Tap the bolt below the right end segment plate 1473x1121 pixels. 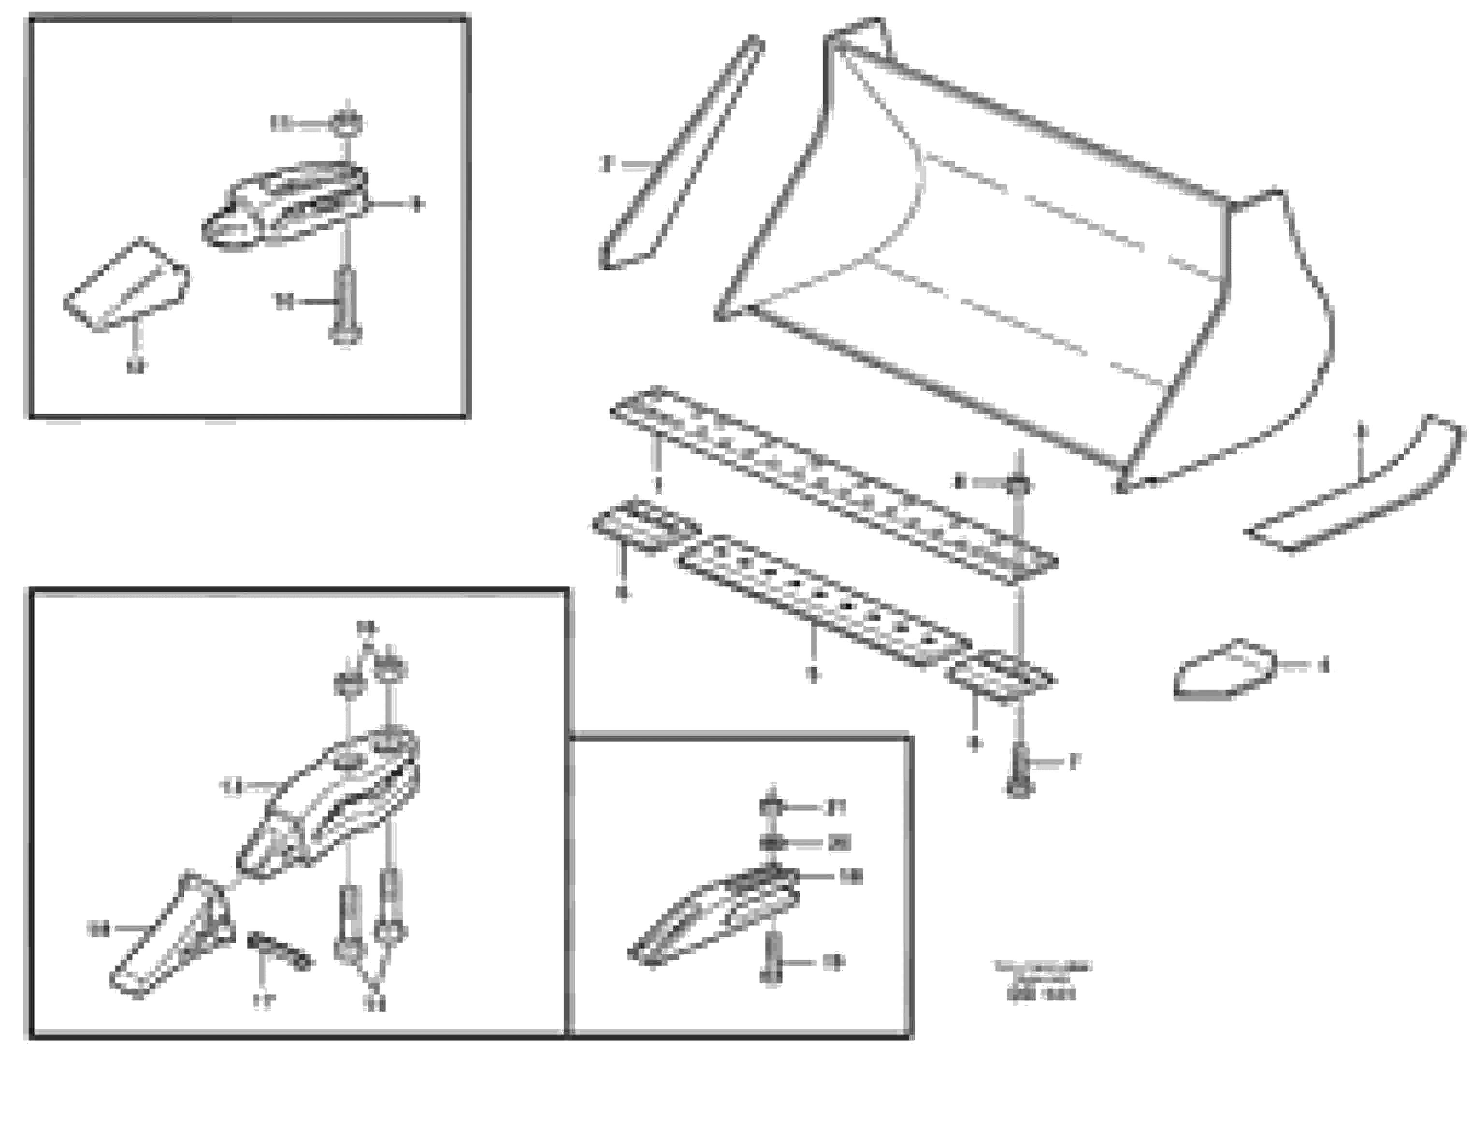pos(1018,771)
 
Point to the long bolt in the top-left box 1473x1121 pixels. pos(345,303)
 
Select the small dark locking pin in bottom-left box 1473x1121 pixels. pos(279,951)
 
